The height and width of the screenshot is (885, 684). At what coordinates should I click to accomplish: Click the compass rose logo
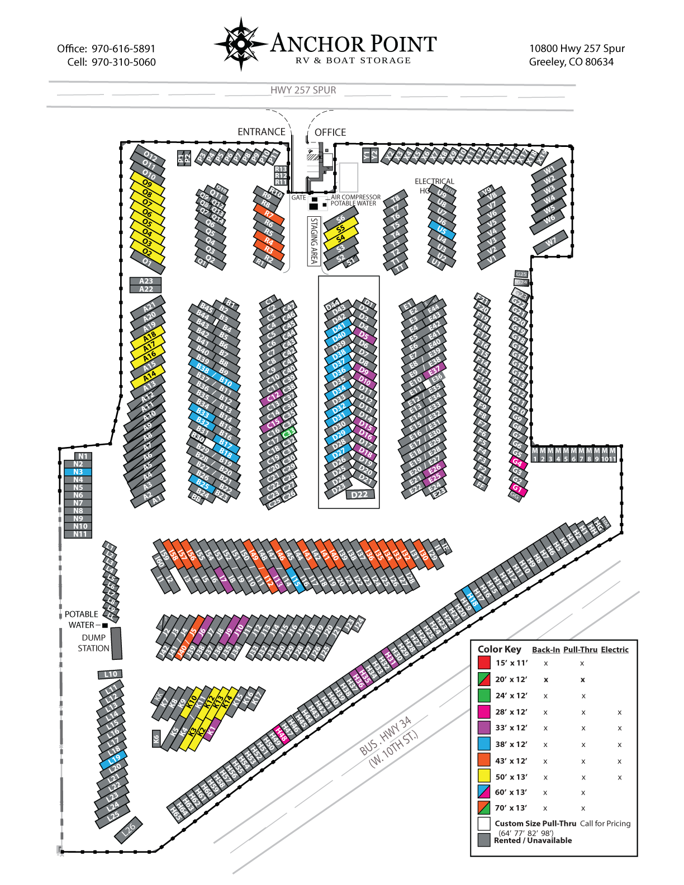pyautogui.click(x=241, y=44)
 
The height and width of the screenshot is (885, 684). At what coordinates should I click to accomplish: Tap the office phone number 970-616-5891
pyautogui.click(x=123, y=49)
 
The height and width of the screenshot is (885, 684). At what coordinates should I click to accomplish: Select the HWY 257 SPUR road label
pyautogui.click(x=303, y=90)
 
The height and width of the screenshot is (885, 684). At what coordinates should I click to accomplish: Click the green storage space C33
pyautogui.click(x=288, y=432)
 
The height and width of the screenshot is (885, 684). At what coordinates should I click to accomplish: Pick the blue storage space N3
pyautogui.click(x=78, y=472)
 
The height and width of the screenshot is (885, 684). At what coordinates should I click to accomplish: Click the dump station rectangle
pyautogui.click(x=116, y=643)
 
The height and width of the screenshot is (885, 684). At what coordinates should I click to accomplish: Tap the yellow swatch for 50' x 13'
pyautogui.click(x=484, y=776)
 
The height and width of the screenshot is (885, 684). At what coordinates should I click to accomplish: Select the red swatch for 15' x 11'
pyautogui.click(x=484, y=663)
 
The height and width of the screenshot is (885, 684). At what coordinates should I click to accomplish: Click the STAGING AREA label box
pyautogui.click(x=314, y=241)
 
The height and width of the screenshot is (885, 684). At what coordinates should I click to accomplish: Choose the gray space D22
pyautogui.click(x=359, y=494)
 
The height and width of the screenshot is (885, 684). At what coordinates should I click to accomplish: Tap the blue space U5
pyautogui.click(x=442, y=230)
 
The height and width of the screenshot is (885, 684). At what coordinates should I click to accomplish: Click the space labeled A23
pyautogui.click(x=146, y=281)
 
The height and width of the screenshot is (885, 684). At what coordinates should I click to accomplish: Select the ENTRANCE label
pyautogui.click(x=261, y=132)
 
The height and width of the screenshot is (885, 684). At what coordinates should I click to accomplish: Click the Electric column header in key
pyautogui.click(x=615, y=650)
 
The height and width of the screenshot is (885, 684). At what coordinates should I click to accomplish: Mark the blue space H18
pyautogui.click(x=472, y=598)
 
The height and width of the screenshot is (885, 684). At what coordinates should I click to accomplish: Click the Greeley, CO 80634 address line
pyautogui.click(x=571, y=62)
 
